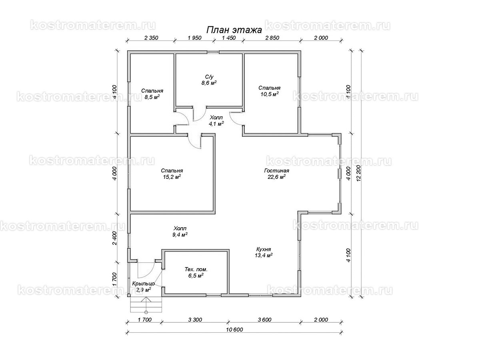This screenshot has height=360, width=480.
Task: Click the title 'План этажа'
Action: click(234, 30)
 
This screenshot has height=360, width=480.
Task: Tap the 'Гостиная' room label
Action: click(276, 170)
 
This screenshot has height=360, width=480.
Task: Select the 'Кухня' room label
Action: click(264, 249)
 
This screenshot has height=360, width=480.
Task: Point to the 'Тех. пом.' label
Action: click(196, 269)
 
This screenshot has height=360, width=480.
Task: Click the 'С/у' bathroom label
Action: click(209, 77)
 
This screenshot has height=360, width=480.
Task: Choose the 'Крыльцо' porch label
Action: click(144, 284)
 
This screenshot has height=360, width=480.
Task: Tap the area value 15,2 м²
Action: click(172, 177)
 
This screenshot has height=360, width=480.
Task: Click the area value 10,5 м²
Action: click(270, 94)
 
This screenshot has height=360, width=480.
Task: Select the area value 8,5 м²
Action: click(152, 97)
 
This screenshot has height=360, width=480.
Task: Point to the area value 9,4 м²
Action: click(180, 234)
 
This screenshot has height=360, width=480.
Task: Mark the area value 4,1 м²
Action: click(216, 124)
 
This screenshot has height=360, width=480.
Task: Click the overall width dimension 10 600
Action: click(235, 329)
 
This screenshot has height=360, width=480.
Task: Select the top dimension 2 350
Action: click(151, 38)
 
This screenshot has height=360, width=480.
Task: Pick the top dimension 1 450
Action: click(229, 38)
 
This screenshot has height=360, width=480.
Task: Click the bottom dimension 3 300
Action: click(195, 320)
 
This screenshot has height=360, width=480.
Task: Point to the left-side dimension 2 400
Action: click(114, 238)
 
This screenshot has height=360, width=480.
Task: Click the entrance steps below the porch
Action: click(146, 305)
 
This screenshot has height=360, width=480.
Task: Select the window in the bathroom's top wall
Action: click(213, 52)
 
